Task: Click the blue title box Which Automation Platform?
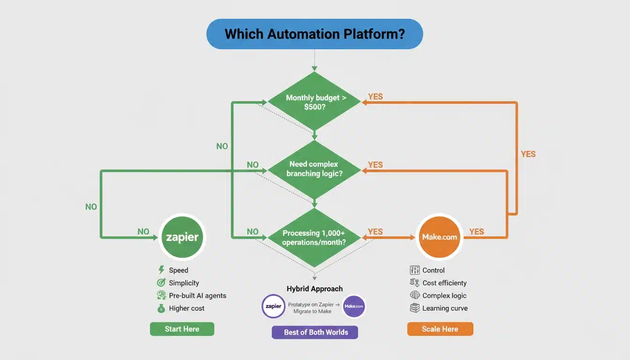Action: pyautogui.click(x=315, y=34)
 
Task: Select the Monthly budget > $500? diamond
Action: pyautogui.click(x=314, y=102)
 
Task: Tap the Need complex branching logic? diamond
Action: pyautogui.click(x=314, y=169)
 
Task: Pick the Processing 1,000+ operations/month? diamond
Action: pyautogui.click(x=314, y=237)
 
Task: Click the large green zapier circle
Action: pyautogui.click(x=182, y=237)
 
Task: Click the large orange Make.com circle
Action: pyautogui.click(x=439, y=237)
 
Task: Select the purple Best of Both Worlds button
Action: pyautogui.click(x=315, y=332)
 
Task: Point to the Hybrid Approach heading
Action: pyautogui.click(x=315, y=289)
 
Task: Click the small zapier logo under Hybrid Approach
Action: pyautogui.click(x=273, y=306)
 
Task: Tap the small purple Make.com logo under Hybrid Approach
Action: pyautogui.click(x=354, y=306)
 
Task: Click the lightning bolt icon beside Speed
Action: pyautogui.click(x=161, y=270)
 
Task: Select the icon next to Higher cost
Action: pyautogui.click(x=161, y=308)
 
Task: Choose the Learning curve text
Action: pyautogui.click(x=445, y=308)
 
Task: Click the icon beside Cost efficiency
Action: pyautogui.click(x=414, y=283)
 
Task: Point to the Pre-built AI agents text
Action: pyautogui.click(x=197, y=296)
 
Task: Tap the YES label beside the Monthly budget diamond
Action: pyautogui.click(x=375, y=97)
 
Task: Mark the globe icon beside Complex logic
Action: pyautogui.click(x=414, y=295)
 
